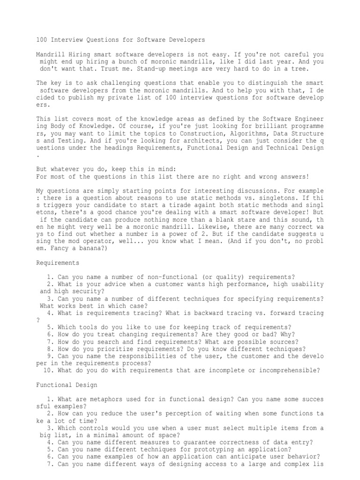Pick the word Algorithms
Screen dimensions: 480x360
click(x=246, y=140)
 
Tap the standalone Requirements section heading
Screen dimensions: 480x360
click(x=58, y=262)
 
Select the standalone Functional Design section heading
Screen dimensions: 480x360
click(x=67, y=385)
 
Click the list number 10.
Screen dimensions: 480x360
click(x=47, y=370)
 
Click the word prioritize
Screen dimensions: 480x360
click(x=108, y=349)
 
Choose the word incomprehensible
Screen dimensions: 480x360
click(x=288, y=370)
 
